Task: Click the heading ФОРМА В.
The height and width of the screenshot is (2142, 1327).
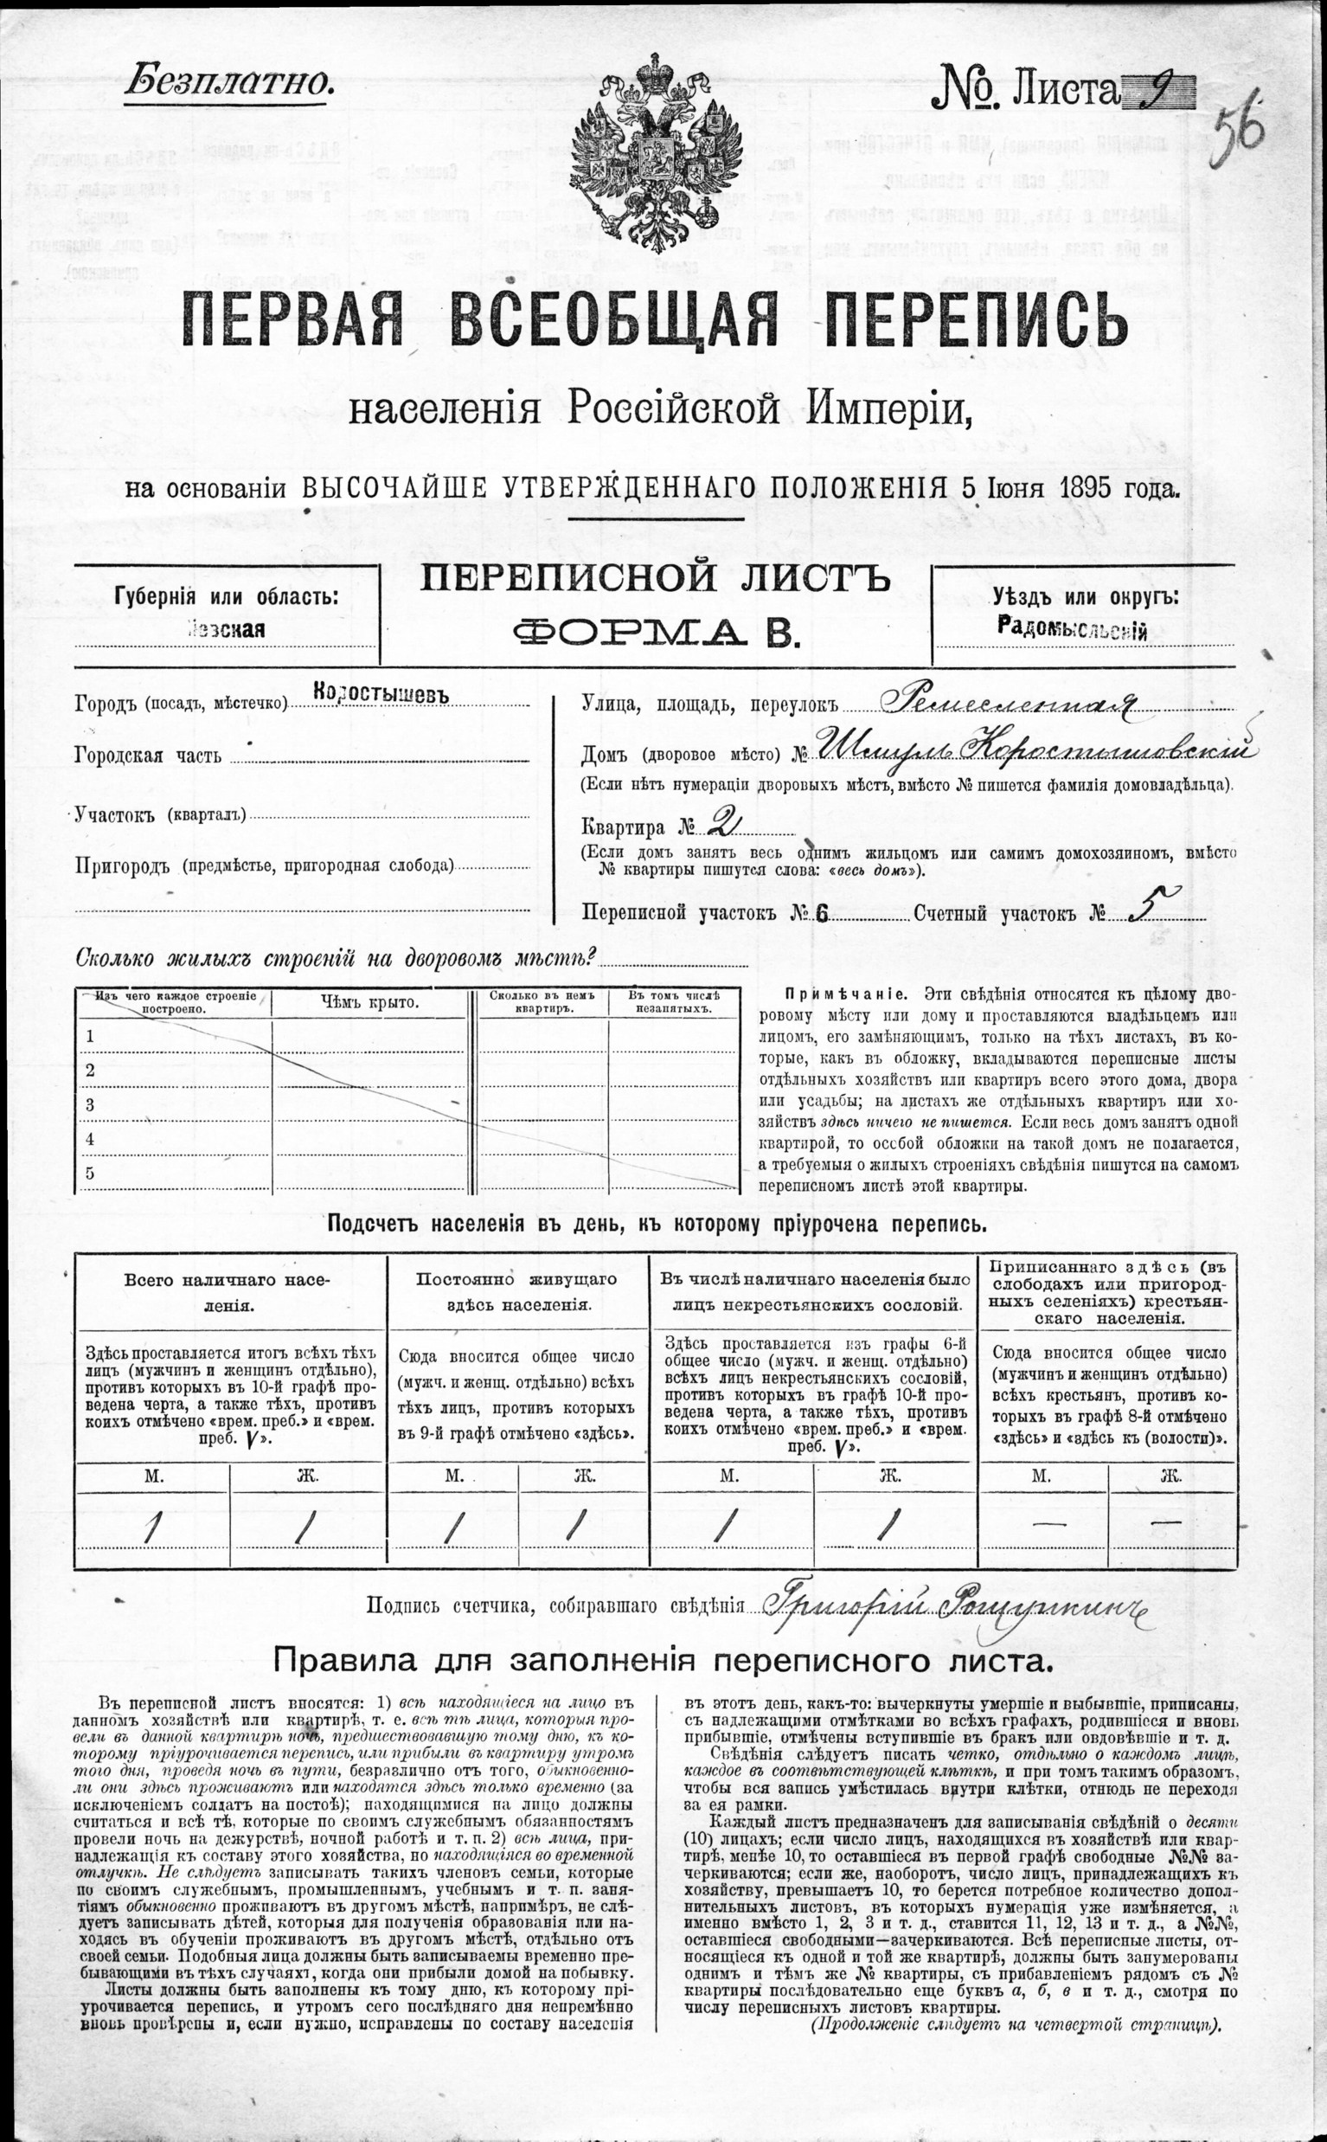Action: tap(656, 632)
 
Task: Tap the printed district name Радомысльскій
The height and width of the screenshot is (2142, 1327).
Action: tap(1073, 628)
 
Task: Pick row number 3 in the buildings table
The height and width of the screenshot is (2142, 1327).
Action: tap(89, 1105)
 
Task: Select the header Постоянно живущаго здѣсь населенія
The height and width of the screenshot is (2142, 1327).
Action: tap(517, 1291)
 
